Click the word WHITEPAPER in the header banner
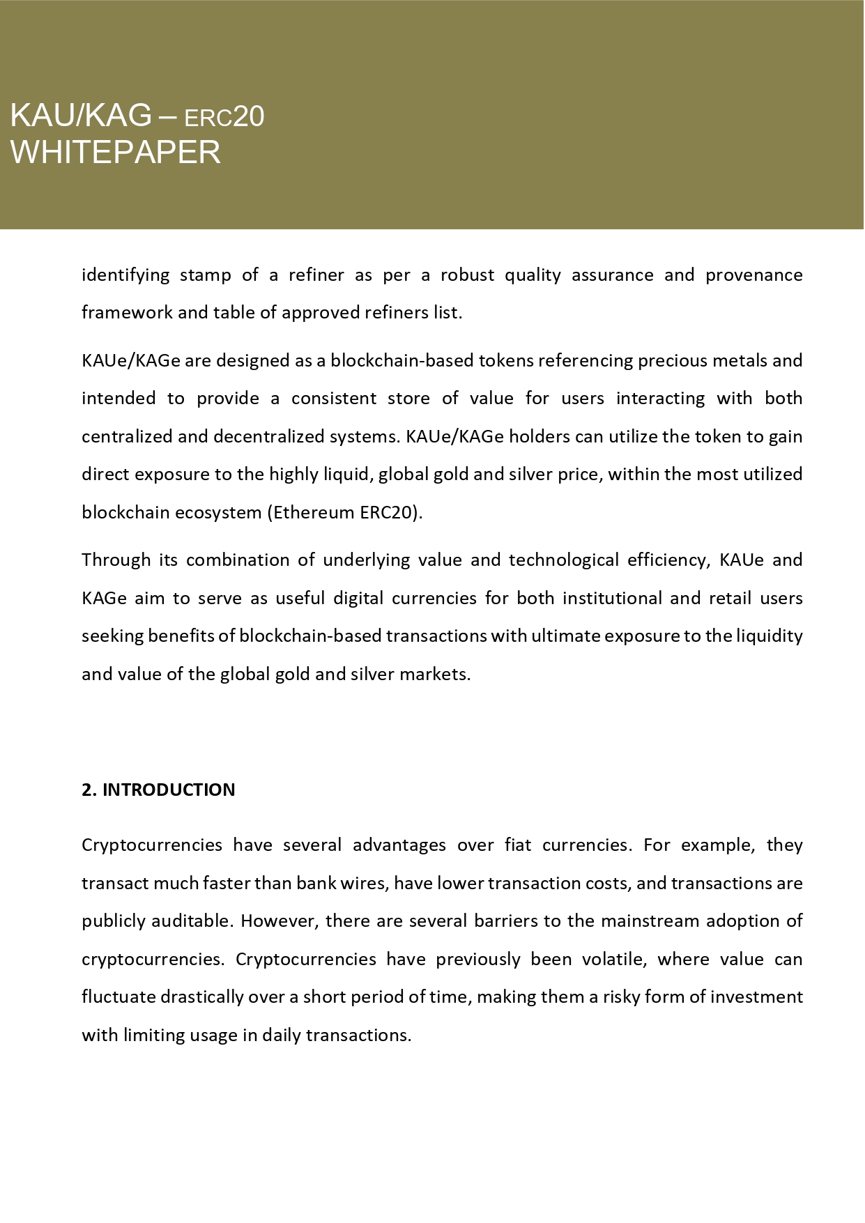116,153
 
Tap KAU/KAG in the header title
81,116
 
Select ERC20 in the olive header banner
224,117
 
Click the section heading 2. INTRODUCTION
158,790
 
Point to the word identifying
125,275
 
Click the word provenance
753,275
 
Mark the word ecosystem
217,513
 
